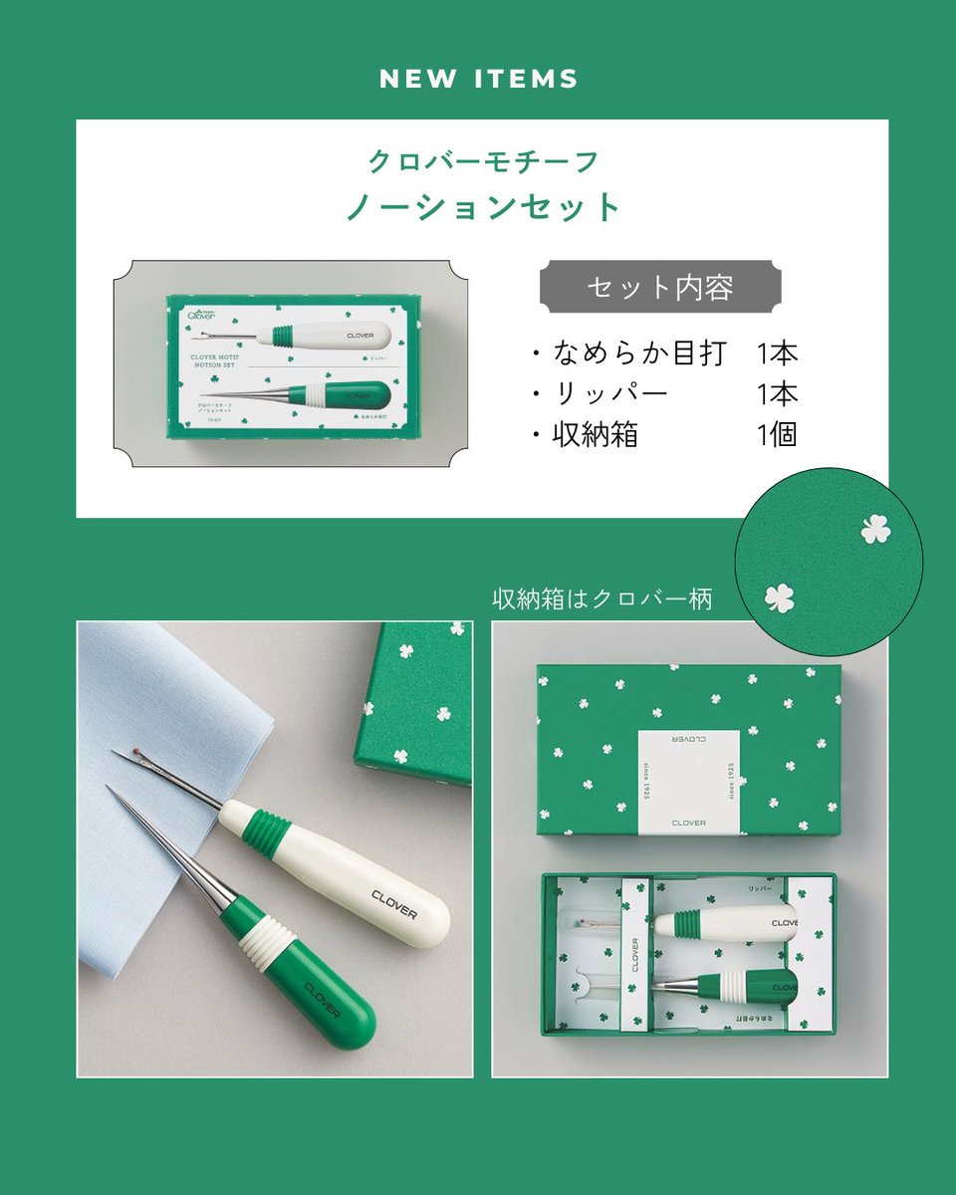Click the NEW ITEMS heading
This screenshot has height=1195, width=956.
(478, 80)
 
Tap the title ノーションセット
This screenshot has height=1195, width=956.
(483, 207)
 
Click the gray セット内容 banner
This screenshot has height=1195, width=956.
(659, 287)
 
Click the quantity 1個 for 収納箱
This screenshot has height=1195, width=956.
(777, 434)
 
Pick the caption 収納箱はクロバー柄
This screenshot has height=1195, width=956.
(602, 599)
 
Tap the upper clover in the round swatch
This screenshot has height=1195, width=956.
(875, 529)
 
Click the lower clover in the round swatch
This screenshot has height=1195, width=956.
(780, 597)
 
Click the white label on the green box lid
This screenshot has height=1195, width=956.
(688, 781)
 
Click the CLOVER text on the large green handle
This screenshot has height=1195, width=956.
(323, 999)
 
